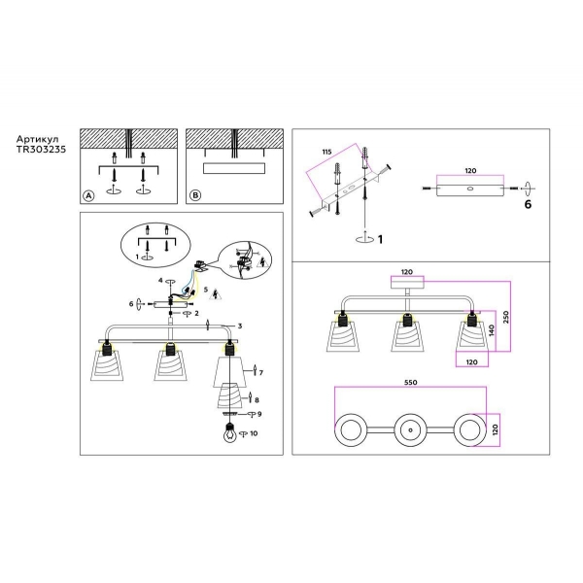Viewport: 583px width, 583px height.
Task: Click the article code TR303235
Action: (x=40, y=152)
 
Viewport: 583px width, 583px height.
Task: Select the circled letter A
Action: (x=87, y=195)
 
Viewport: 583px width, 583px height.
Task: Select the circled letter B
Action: (x=194, y=195)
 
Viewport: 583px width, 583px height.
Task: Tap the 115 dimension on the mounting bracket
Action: (x=326, y=152)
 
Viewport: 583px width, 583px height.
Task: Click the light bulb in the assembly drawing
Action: (x=229, y=433)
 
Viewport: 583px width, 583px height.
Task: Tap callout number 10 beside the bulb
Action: (x=255, y=433)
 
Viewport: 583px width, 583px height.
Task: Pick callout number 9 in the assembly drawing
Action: (x=259, y=415)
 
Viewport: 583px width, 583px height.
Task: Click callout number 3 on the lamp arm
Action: (x=240, y=326)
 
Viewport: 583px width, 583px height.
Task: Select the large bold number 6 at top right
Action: (x=529, y=205)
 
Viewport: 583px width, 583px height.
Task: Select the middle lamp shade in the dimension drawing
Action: (x=409, y=336)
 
